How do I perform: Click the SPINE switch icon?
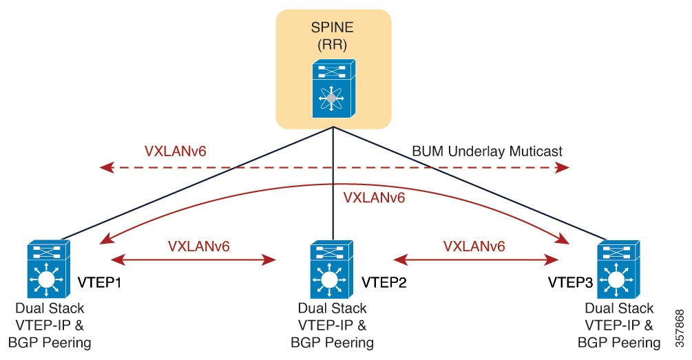[333, 87]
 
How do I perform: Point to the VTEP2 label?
[384, 282]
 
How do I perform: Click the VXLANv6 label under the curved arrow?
[373, 198]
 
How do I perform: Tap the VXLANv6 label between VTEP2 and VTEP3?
[474, 246]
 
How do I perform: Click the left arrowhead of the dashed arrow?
[105, 167]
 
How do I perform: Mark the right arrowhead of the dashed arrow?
[565, 167]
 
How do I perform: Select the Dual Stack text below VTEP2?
[333, 309]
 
